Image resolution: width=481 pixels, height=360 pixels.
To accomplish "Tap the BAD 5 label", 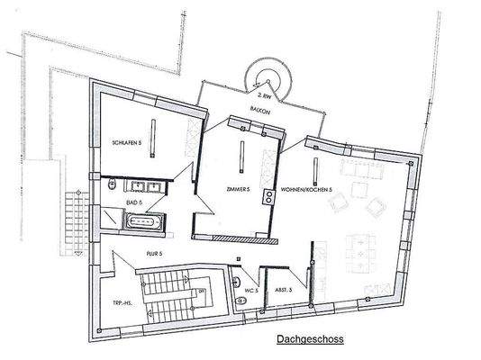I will coord(135,204).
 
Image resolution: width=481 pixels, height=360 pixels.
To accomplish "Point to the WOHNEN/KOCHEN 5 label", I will coord(306,191).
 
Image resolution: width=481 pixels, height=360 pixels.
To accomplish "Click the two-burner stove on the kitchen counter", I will coord(267,198).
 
